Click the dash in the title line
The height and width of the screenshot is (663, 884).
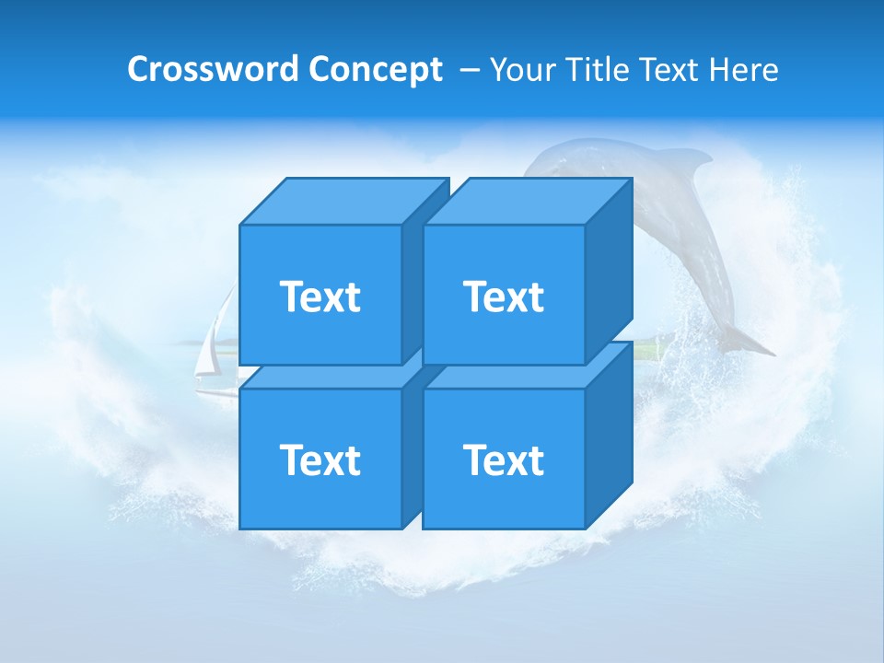click(x=468, y=70)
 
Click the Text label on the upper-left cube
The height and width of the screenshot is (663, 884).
click(x=320, y=297)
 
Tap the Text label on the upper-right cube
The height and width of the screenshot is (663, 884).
click(x=504, y=297)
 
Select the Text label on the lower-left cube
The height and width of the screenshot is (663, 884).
click(x=320, y=459)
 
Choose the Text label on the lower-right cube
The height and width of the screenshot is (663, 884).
click(x=504, y=459)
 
